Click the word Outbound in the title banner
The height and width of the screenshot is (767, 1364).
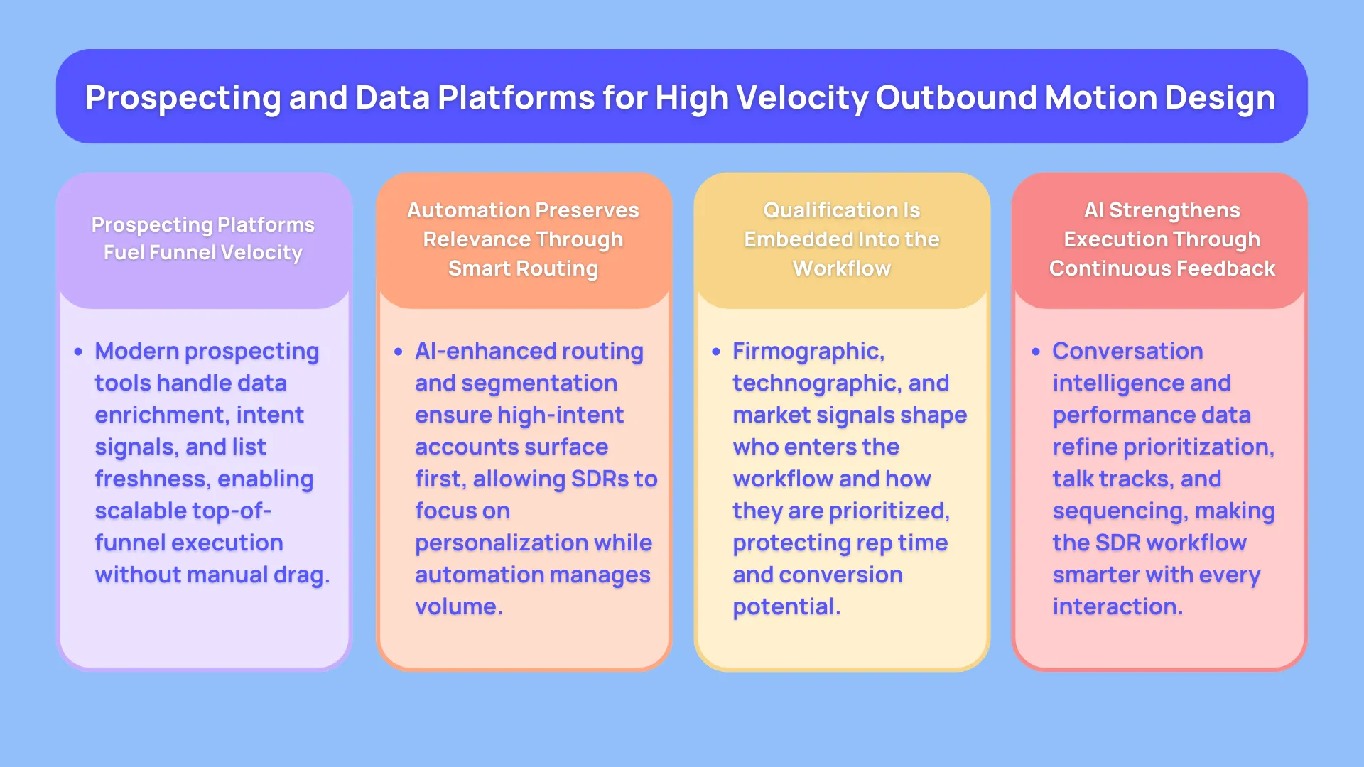tap(956, 97)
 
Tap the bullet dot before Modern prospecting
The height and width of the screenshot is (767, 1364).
tap(78, 352)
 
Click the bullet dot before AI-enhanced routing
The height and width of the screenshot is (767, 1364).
tap(398, 352)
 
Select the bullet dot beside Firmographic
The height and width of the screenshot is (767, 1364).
tap(716, 352)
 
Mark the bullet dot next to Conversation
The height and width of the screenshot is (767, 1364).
tap(1036, 352)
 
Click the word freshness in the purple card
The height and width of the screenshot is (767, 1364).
tap(152, 479)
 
